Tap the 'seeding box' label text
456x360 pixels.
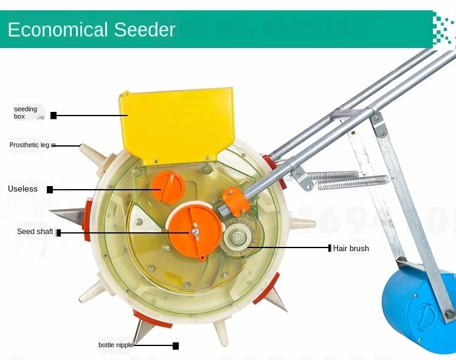point(26,112)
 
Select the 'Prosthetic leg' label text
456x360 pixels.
point(32,145)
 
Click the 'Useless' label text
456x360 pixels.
point(22,189)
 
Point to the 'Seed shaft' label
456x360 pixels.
point(35,232)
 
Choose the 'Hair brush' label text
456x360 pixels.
point(351,248)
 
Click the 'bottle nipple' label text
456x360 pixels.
point(116,345)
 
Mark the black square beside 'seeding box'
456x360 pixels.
point(54,115)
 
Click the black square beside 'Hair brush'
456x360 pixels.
point(329,248)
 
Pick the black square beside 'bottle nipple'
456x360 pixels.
point(176,346)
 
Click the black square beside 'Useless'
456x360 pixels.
point(50,190)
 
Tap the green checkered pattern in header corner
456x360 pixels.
point(444,30)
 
